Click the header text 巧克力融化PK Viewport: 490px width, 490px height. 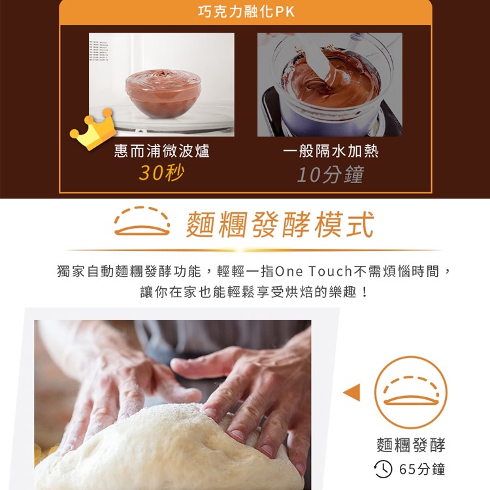(246, 12)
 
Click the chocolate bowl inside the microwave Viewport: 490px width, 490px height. (163, 93)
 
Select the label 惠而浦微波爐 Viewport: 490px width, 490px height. (161, 151)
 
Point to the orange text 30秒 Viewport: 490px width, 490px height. (161, 172)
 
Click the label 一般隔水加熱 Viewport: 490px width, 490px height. (331, 151)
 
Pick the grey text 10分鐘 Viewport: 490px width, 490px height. (331, 174)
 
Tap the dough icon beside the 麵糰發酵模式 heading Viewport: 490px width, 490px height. (142, 221)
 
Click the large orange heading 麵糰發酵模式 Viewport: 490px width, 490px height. (280, 224)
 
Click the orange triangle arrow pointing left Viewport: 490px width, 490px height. (352, 392)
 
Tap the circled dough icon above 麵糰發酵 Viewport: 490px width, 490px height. (411, 391)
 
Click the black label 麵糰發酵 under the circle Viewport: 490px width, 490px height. (411, 445)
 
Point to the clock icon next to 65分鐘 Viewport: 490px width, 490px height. (383, 468)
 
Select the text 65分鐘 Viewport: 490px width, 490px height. (422, 469)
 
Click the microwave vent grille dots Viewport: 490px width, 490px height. (99, 50)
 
